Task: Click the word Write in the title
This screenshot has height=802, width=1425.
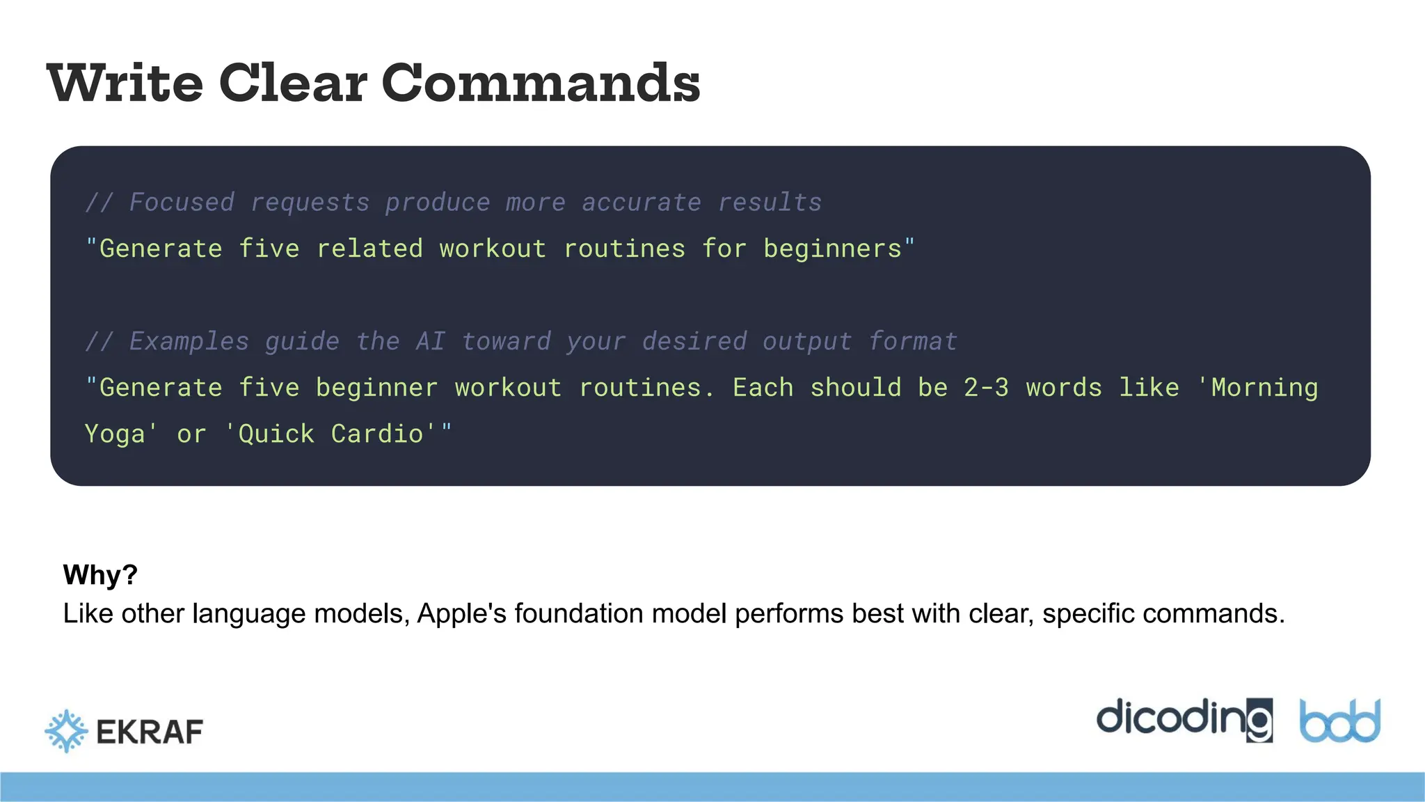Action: coord(125,83)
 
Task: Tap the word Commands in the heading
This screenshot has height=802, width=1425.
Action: coord(541,83)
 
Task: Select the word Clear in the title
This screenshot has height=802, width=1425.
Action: coord(292,83)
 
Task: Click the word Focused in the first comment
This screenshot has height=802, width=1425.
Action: coord(182,203)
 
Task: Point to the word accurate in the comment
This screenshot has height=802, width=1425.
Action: coord(641,203)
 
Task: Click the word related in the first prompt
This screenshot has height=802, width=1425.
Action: coord(369,249)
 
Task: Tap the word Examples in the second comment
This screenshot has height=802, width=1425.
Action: coord(189,342)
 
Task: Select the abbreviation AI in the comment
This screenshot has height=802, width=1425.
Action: coord(430,342)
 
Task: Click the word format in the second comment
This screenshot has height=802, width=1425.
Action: coord(913,342)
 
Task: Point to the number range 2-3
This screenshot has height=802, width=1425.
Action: coord(986,388)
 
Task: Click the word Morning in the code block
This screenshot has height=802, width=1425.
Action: coord(1264,388)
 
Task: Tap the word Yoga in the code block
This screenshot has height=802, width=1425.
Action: coord(115,434)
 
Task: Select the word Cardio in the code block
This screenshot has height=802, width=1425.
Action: coord(377,434)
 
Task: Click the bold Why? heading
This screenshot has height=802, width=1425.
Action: coord(100,575)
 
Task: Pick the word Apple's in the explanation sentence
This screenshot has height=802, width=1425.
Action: coord(462,614)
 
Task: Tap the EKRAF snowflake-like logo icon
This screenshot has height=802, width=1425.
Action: coord(66,731)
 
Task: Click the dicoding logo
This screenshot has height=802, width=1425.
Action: coord(1184,720)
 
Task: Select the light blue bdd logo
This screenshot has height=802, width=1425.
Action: coord(1340,721)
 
